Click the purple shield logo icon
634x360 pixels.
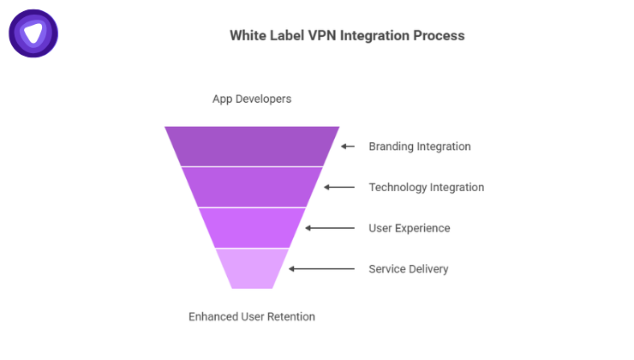[33, 33]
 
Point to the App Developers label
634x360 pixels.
[252, 99]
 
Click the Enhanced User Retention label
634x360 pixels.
[252, 316]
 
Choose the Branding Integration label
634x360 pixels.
[419, 147]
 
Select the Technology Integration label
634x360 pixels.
[426, 187]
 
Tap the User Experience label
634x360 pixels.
[409, 228]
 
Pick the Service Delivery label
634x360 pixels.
[408, 269]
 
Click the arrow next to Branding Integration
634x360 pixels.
[348, 147]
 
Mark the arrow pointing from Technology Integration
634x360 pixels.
[339, 187]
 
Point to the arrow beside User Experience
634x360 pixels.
[330, 228]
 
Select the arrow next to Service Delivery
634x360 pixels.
[321, 269]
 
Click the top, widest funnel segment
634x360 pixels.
[252, 146]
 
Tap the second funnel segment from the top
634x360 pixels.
[252, 187]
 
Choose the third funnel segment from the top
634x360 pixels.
[252, 228]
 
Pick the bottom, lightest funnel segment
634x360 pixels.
[252, 268]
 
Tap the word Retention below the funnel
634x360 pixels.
[291, 316]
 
